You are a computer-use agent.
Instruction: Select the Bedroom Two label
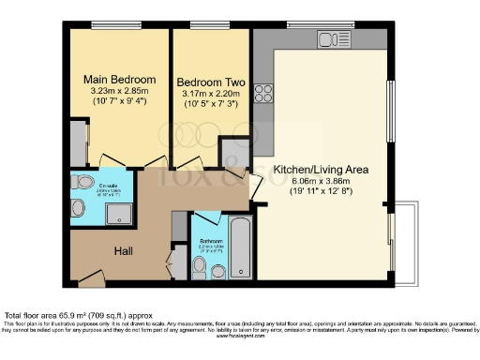pyautogui.click(x=211, y=82)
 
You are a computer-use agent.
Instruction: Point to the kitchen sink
pyautogui.click(x=333, y=39)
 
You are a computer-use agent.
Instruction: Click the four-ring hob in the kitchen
pyautogui.click(x=263, y=94)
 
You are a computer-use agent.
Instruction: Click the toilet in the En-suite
pyautogui.click(x=82, y=183)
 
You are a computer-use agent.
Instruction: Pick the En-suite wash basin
pyautogui.click(x=79, y=208)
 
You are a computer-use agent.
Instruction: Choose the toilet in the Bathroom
pyautogui.click(x=199, y=266)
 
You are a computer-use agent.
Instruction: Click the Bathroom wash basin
pyautogui.click(x=218, y=271)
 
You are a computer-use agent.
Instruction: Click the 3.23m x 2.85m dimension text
pyautogui.click(x=119, y=91)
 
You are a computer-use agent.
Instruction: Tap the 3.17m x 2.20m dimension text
pyautogui.click(x=211, y=95)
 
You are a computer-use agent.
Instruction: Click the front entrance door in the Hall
pyautogui.click(x=90, y=277)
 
